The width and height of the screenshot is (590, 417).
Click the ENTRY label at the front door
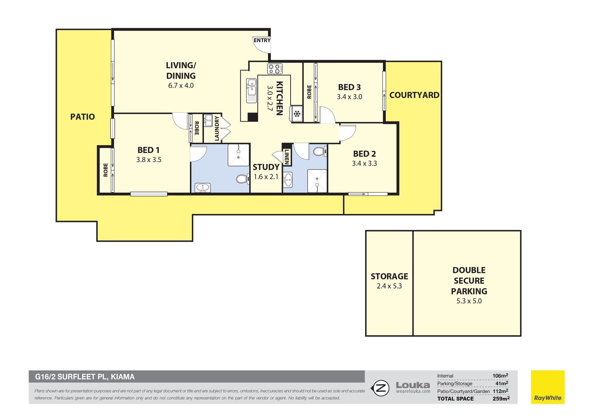[262, 40]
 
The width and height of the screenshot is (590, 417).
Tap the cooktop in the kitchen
[275, 69]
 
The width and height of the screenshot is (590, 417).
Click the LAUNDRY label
[217, 128]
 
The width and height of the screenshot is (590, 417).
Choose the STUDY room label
[266, 167]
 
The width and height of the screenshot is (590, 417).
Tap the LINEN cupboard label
[287, 157]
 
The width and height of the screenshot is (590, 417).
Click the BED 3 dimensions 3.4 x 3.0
[349, 97]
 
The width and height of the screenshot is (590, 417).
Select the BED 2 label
[364, 154]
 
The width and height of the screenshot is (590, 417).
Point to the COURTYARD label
[414, 95]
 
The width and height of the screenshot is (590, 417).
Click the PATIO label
[82, 117]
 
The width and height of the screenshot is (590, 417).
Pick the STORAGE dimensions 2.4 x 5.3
[389, 286]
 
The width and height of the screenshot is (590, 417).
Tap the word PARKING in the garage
[469, 291]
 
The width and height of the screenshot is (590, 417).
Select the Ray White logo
[548, 387]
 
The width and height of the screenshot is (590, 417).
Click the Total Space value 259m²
[501, 399]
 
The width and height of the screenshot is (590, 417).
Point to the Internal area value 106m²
[500, 376]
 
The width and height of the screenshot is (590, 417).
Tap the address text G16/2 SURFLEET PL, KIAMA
[85, 377]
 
